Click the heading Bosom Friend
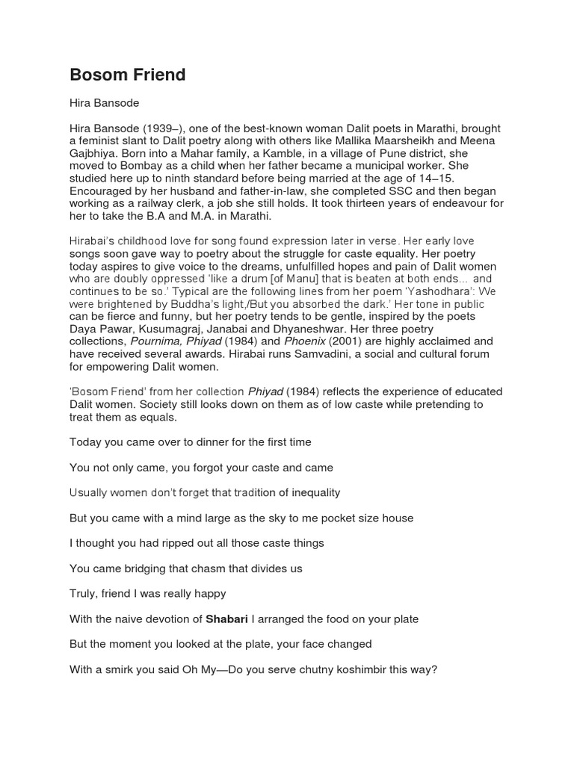(x=127, y=75)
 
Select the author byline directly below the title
(x=104, y=102)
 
